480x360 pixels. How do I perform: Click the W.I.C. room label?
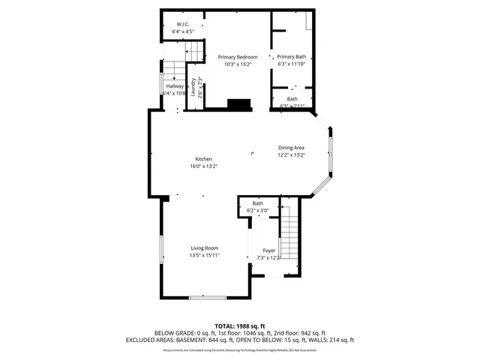(182, 24)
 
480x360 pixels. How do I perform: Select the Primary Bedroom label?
(238, 57)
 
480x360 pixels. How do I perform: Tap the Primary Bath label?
(291, 57)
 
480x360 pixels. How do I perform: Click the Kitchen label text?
(204, 159)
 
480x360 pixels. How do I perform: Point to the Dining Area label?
(291, 148)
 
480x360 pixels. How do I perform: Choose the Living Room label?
(204, 248)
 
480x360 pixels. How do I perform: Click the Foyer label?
(268, 250)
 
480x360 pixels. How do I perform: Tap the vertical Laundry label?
(193, 88)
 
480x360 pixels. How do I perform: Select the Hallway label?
(174, 86)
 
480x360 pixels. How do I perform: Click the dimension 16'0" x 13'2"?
(204, 166)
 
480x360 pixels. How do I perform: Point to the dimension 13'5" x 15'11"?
(204, 256)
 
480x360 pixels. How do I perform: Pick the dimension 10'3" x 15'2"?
(238, 64)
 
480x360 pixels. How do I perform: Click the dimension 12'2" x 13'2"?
(291, 155)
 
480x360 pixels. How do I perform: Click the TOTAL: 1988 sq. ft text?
(240, 326)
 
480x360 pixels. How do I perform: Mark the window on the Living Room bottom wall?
(207, 298)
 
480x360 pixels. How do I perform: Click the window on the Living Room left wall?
(160, 249)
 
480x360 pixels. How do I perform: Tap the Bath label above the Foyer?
(257, 203)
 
